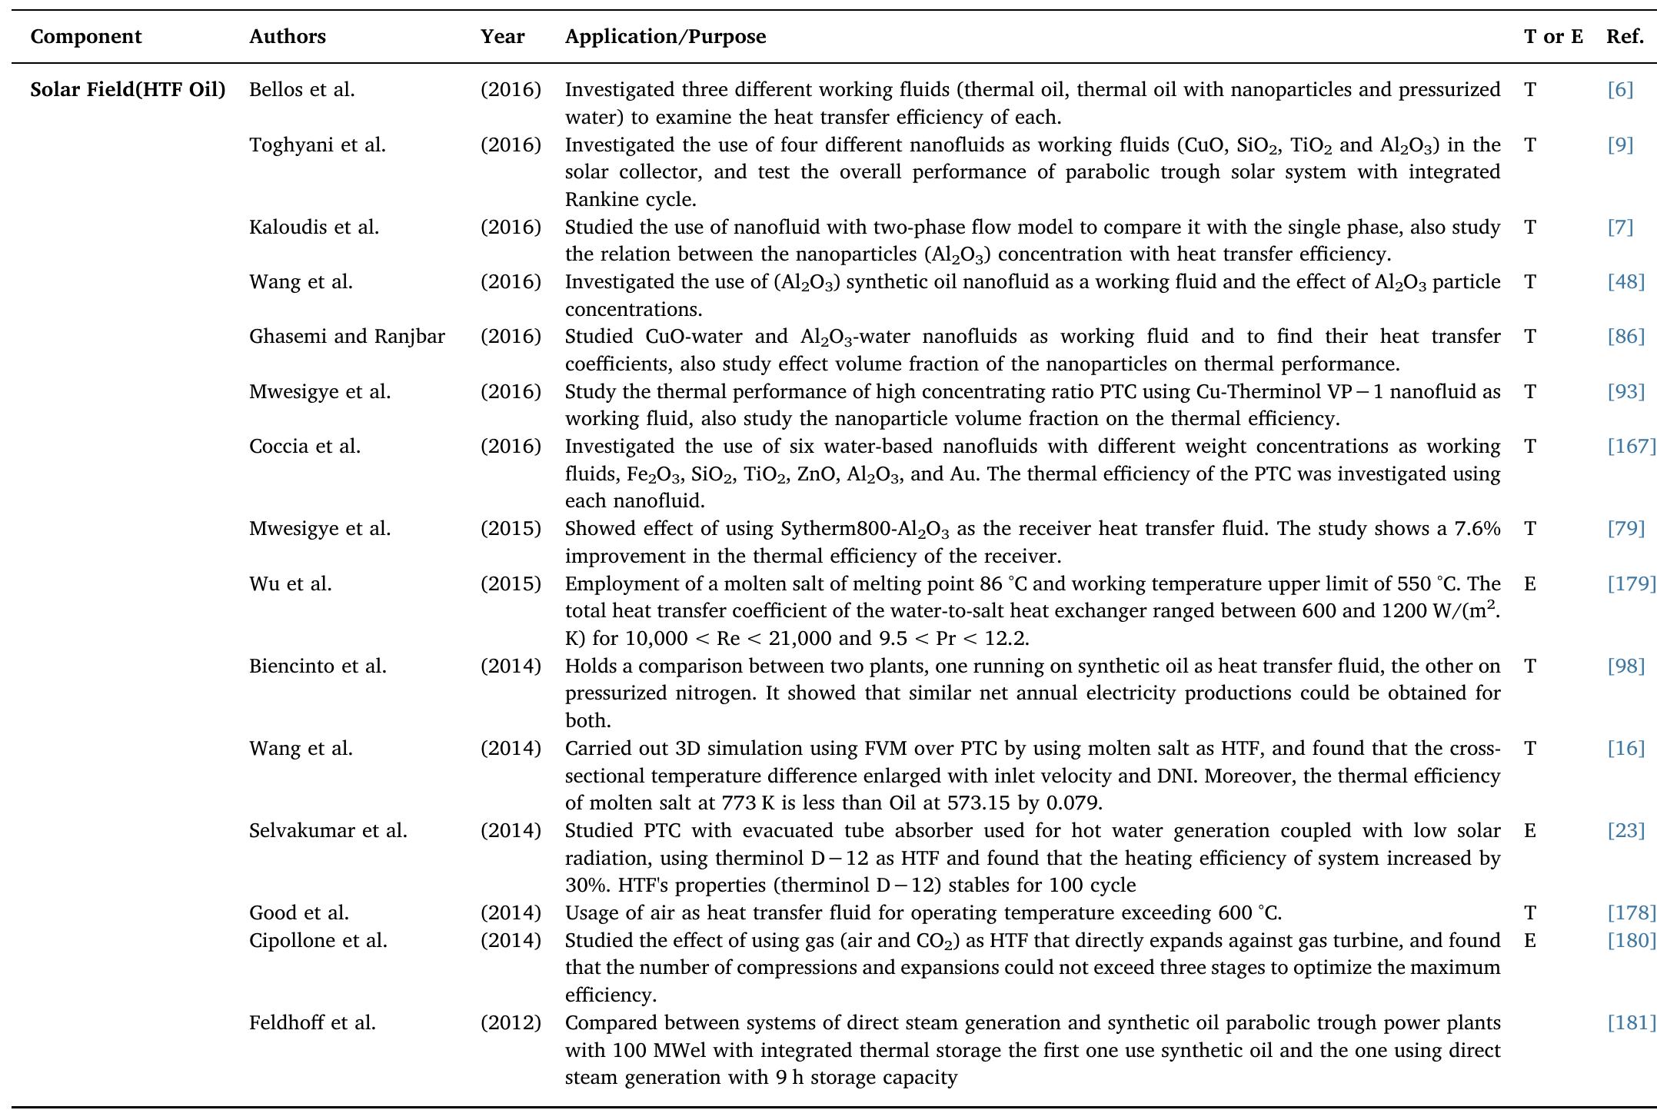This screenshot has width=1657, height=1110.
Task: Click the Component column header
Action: click(x=86, y=37)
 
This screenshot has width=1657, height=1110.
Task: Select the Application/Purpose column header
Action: click(x=665, y=37)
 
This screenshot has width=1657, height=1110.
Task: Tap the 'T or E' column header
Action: click(x=1552, y=37)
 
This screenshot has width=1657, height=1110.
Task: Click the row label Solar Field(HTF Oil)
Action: click(x=128, y=90)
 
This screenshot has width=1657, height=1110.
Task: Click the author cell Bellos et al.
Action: click(x=301, y=90)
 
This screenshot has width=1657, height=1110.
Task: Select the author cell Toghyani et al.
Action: click(x=317, y=145)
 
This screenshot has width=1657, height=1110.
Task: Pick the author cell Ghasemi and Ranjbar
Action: click(x=347, y=337)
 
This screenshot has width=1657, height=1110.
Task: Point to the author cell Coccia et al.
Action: click(x=304, y=447)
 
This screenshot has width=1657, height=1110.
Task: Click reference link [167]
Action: click(x=1630, y=447)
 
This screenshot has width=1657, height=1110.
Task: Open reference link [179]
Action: click(x=1630, y=584)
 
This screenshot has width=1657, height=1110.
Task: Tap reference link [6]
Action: click(x=1619, y=90)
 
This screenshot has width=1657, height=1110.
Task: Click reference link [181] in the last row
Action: click(x=1630, y=1023)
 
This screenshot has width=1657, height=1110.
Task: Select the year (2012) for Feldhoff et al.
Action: click(x=511, y=1023)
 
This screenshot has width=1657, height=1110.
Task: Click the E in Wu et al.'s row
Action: click(x=1529, y=584)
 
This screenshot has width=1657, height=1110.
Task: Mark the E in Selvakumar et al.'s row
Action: click(x=1529, y=831)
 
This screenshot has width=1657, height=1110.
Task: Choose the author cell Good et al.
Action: click(x=298, y=913)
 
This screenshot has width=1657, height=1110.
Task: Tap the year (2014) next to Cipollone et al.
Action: click(x=511, y=941)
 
